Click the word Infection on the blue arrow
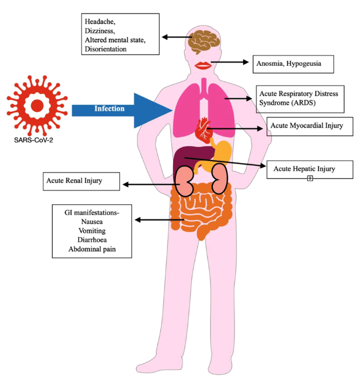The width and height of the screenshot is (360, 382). tap(109, 108)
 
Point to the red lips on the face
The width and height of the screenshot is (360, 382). tap(203, 64)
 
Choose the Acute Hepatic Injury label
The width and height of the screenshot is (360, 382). tap(304, 169)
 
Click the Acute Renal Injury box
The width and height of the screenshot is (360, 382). tap(80, 181)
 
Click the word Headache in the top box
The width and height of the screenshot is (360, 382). tap(100, 22)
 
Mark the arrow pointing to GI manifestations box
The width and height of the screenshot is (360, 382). tap(159, 220)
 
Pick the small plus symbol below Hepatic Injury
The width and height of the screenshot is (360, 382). tap(310, 178)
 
